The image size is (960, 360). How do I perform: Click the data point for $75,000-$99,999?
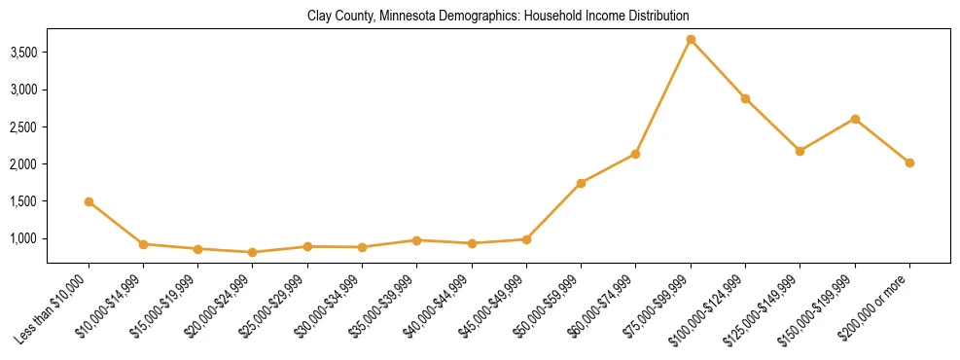pyautogui.click(x=691, y=40)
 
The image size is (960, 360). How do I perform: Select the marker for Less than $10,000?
pyautogui.click(x=89, y=202)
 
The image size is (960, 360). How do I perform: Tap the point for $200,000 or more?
pyautogui.click(x=909, y=163)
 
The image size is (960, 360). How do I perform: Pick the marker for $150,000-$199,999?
pyautogui.click(x=855, y=119)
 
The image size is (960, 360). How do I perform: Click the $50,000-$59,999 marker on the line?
pyautogui.click(x=581, y=183)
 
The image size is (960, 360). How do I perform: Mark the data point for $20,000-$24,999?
pyautogui.click(x=253, y=252)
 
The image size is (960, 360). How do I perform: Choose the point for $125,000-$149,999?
pyautogui.click(x=800, y=151)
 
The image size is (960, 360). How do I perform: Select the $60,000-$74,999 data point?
pyautogui.click(x=635, y=154)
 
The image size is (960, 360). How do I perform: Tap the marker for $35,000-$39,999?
pyautogui.click(x=416, y=239)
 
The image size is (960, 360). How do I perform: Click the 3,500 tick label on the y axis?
pyautogui.click(x=22, y=53)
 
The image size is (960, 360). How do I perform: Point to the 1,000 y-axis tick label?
pyautogui.click(x=22, y=239)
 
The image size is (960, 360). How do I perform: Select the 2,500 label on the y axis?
pyautogui.click(x=22, y=127)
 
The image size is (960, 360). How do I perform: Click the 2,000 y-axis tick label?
pyautogui.click(x=22, y=164)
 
